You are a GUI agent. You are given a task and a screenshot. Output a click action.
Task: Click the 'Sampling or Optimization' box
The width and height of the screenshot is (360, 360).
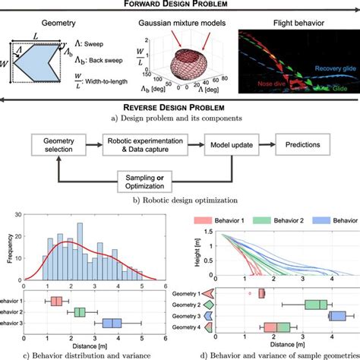[151, 178]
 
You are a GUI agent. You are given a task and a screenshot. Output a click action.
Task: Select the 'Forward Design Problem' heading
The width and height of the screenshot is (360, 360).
[180, 5]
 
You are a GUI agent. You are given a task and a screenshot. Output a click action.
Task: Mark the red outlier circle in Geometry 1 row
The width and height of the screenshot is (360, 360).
[248, 292]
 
